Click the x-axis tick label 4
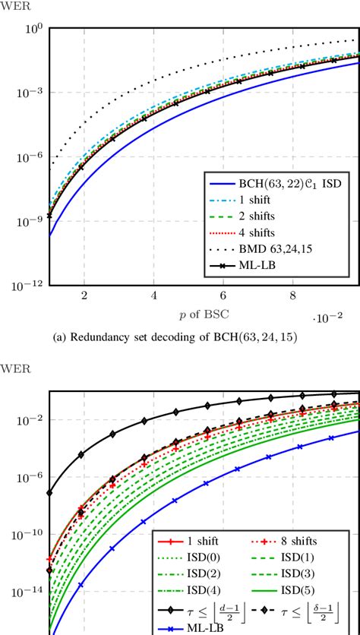point(154,295)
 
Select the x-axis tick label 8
point(293,295)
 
